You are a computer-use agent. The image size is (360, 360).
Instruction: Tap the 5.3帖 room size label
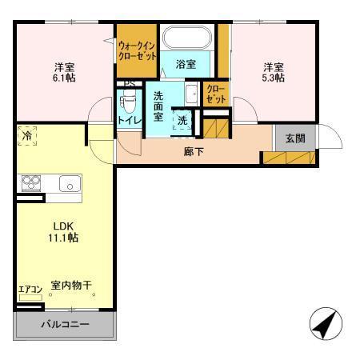pyautogui.click(x=273, y=79)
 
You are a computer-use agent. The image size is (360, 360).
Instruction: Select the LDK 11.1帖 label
pyautogui.click(x=61, y=238)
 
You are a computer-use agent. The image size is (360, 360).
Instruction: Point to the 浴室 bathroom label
pyautogui.click(x=186, y=64)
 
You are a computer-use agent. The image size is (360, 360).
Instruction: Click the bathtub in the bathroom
pyautogui.click(x=186, y=38)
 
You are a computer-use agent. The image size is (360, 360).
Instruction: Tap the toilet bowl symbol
pyautogui.click(x=128, y=103)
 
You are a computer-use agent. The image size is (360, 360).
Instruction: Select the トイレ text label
pyautogui.click(x=129, y=120)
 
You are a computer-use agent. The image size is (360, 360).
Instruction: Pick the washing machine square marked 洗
pyautogui.click(x=182, y=121)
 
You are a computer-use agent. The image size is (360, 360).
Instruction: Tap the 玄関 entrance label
pyautogui.click(x=294, y=138)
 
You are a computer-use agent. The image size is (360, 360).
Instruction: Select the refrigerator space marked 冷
pyautogui.click(x=27, y=137)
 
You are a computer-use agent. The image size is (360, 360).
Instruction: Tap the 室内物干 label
pyautogui.click(x=71, y=285)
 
